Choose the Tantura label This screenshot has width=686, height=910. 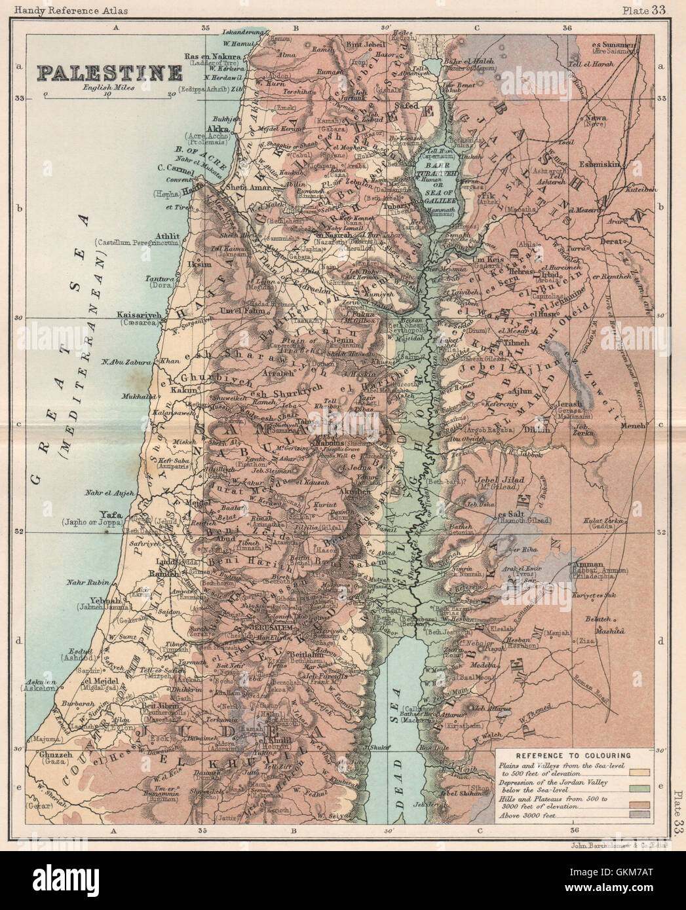click(160, 279)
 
